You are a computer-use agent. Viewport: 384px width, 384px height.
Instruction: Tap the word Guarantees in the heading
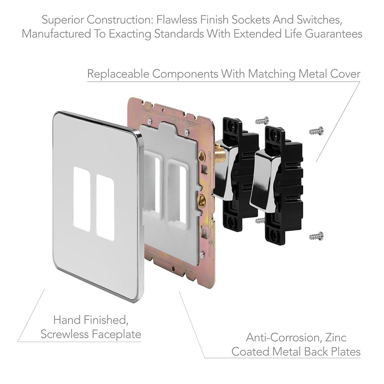(x=334, y=33)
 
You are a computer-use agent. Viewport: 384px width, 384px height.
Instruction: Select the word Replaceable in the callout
(x=118, y=74)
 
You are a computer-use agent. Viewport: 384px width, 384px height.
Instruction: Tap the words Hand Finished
(x=91, y=320)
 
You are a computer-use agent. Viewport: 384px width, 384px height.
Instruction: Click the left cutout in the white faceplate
(x=82, y=199)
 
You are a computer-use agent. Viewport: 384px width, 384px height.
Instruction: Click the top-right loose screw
(x=316, y=131)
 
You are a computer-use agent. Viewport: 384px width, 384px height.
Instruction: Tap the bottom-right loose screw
(x=316, y=236)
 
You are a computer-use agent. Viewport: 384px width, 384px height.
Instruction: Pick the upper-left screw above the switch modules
(x=262, y=120)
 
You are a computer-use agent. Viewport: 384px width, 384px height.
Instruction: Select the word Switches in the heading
(x=319, y=20)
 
